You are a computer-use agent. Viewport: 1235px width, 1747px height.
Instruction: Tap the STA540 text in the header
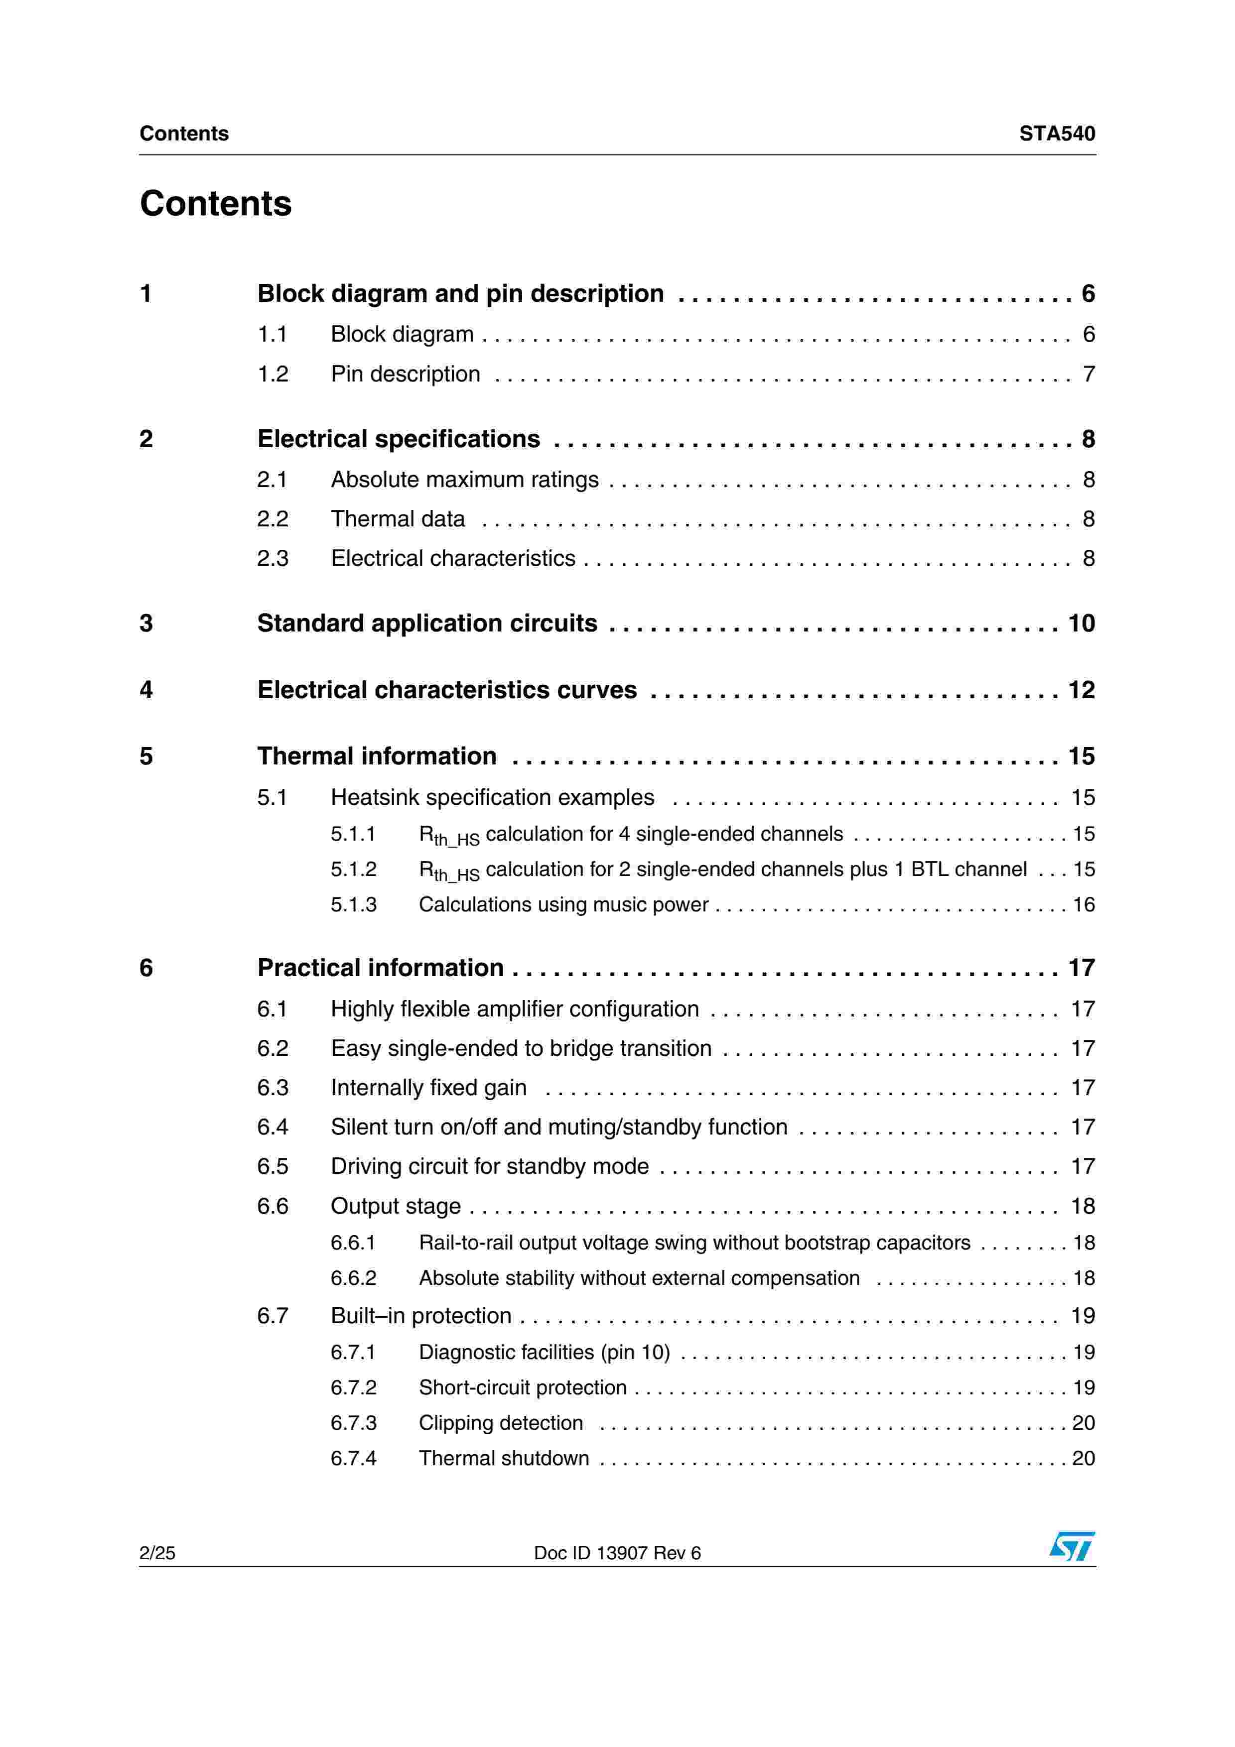point(1057,134)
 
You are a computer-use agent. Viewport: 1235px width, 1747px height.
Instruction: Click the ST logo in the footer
point(1072,1546)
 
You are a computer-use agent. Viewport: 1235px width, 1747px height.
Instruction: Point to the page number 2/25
point(157,1553)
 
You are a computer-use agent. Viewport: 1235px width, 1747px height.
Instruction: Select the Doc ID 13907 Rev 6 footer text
point(617,1553)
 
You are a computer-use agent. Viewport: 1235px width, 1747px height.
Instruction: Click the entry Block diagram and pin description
point(460,294)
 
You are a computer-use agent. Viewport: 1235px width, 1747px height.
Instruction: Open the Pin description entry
point(406,374)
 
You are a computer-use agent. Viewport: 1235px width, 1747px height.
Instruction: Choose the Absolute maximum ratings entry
point(464,480)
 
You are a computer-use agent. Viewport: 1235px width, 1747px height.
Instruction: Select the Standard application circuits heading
point(427,623)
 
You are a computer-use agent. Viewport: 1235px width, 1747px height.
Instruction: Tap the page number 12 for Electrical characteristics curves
point(1081,690)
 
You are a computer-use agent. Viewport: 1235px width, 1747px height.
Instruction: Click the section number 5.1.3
point(353,905)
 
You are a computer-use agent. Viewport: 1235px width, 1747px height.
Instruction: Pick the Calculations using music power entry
point(563,905)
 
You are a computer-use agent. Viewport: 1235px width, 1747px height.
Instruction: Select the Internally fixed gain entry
point(428,1088)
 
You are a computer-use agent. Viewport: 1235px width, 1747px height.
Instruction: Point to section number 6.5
point(273,1166)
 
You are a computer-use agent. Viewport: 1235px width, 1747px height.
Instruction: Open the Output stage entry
point(396,1206)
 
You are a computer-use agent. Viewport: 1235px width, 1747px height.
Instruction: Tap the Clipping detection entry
point(501,1423)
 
